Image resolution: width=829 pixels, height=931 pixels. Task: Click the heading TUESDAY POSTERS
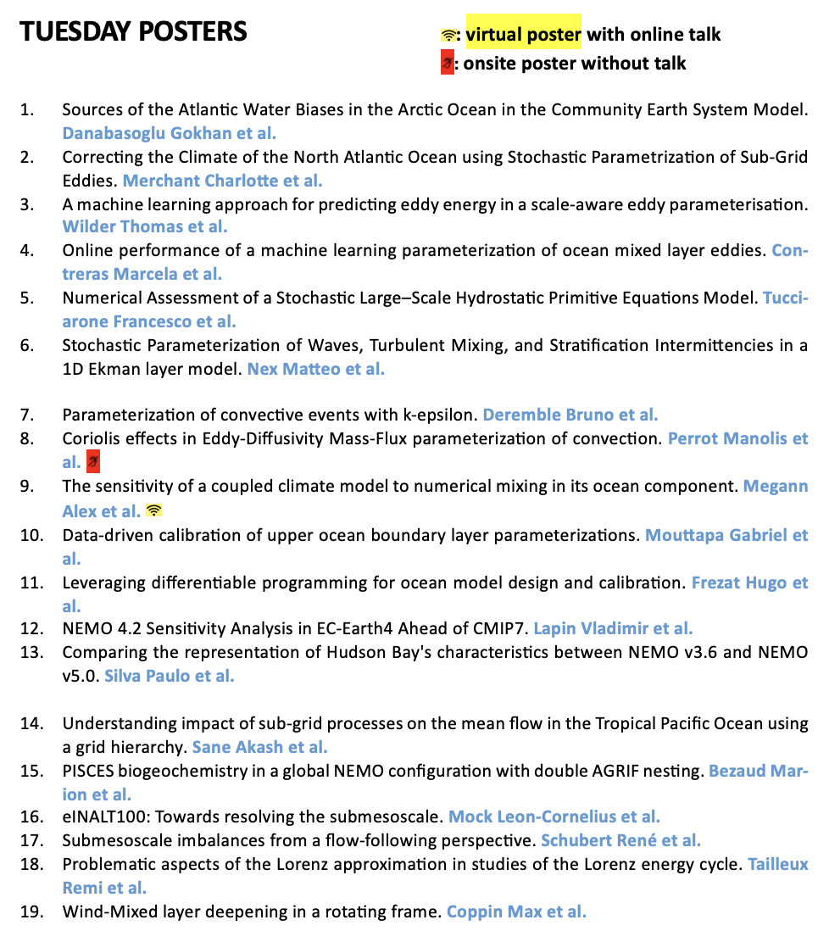133,32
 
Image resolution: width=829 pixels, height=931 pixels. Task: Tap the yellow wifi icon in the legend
448,36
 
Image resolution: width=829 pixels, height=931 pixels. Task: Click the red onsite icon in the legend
448,63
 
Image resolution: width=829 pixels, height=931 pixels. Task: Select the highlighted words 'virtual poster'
523,35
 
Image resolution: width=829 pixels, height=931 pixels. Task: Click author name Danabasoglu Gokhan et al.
170,133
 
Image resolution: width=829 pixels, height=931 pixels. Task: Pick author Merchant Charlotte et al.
222,181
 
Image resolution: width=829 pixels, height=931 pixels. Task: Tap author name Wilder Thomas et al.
145,227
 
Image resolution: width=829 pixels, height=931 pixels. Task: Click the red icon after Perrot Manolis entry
93,463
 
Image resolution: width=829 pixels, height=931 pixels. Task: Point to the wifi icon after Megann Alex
153,510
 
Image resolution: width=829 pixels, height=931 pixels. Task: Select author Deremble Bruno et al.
570,415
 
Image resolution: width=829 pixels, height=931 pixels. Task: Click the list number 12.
31,629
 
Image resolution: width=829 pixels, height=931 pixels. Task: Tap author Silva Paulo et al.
169,677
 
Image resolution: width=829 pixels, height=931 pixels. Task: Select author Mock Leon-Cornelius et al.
554,817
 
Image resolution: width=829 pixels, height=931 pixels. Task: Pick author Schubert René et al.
620,841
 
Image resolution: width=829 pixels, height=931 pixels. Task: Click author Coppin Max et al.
516,912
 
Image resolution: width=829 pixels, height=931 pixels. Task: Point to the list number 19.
31,912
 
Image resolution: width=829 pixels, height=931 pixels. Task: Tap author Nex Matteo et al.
315,370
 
